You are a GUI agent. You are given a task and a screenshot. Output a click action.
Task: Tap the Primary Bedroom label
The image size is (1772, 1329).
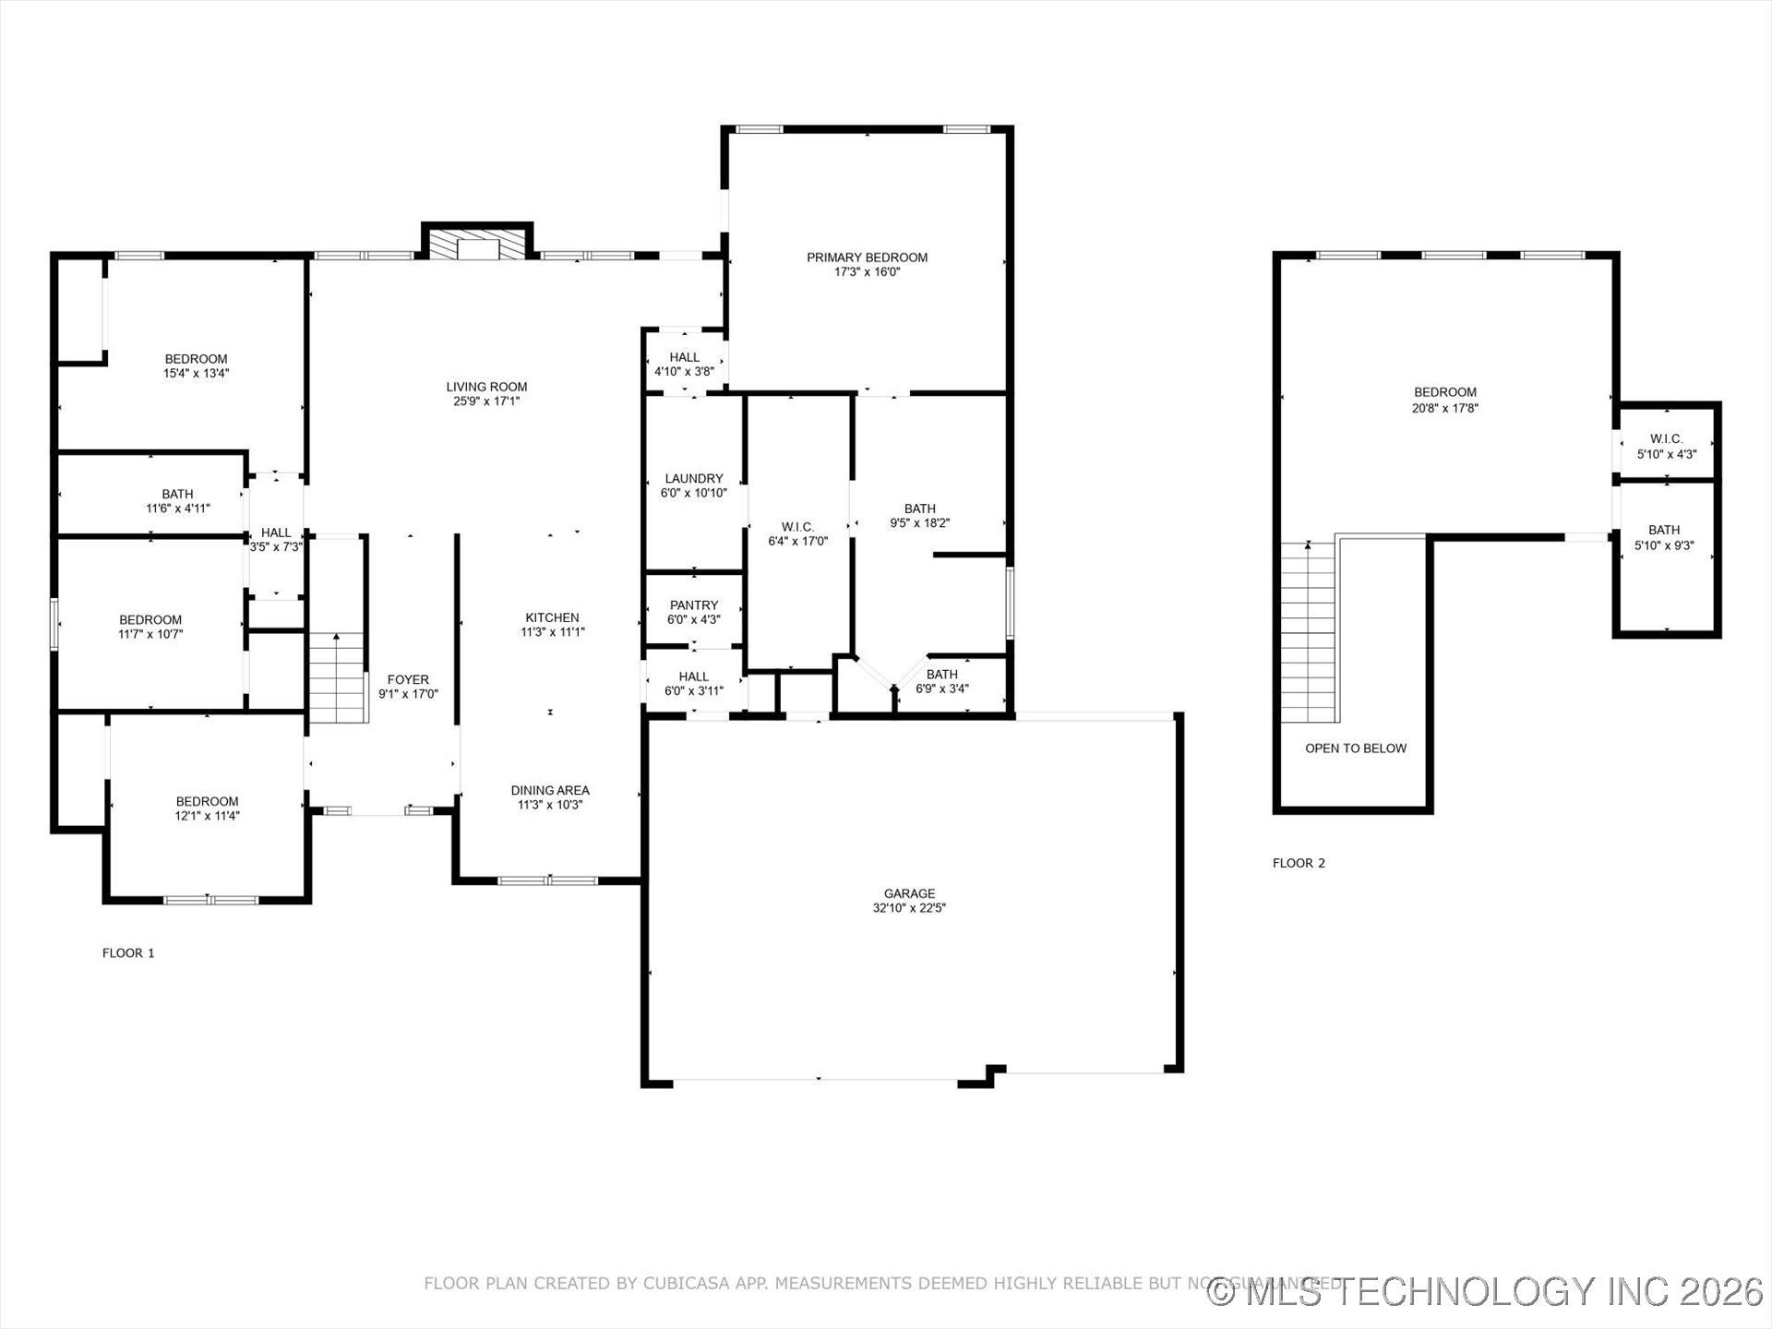pyautogui.click(x=867, y=258)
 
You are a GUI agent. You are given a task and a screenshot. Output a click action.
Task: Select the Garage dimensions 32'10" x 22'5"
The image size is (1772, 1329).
pyautogui.click(x=909, y=908)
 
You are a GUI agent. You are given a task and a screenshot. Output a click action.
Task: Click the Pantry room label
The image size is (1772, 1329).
pyautogui.click(x=694, y=605)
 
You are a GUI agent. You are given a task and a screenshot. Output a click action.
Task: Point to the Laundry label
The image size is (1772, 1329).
pyautogui.click(x=694, y=478)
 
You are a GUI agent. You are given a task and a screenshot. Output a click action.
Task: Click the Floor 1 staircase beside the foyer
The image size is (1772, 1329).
pyautogui.click(x=338, y=678)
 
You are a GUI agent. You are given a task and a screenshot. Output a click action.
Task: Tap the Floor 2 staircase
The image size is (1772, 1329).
pyautogui.click(x=1308, y=632)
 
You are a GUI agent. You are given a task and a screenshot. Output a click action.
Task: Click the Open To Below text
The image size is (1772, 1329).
pyautogui.click(x=1356, y=748)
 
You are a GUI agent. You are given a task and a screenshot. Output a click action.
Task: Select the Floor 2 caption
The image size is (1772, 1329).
pyautogui.click(x=1299, y=863)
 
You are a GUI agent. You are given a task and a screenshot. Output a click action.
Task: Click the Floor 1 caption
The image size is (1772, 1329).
pyautogui.click(x=128, y=952)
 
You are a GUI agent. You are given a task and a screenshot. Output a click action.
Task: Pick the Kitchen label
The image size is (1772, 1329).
pyautogui.click(x=552, y=617)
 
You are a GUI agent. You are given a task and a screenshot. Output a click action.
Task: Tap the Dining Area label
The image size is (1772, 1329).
pyautogui.click(x=550, y=790)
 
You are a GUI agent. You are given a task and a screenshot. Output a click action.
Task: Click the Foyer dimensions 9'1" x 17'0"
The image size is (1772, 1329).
pyautogui.click(x=408, y=694)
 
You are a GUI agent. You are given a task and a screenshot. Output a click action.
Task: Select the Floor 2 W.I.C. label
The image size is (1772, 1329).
pyautogui.click(x=1666, y=439)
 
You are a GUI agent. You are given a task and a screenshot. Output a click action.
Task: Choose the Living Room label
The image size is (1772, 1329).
pyautogui.click(x=486, y=387)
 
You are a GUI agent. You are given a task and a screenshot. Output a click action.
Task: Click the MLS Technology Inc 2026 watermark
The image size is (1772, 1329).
pyautogui.click(x=1485, y=1291)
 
